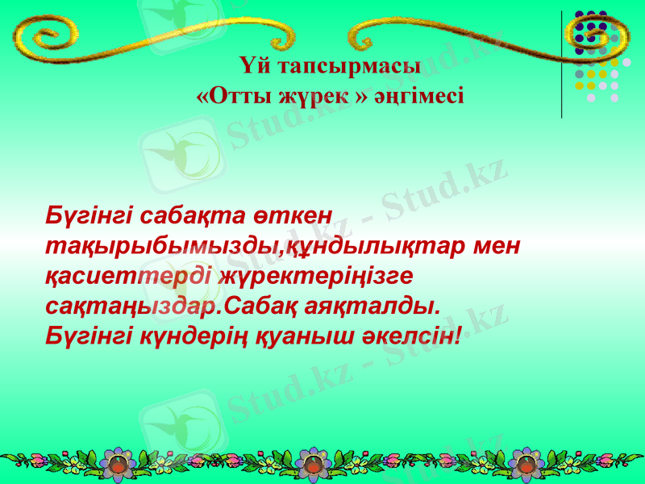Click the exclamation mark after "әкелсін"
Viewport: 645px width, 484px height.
(x=459, y=333)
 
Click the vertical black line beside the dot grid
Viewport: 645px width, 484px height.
(x=561, y=65)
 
